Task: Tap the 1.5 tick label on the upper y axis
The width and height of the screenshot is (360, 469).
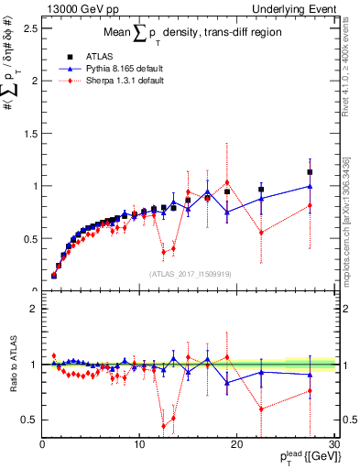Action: pos(31,133)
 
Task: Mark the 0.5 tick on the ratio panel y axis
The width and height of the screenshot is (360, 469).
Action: pos(31,420)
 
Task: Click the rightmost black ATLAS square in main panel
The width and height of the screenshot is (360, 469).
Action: pos(310,172)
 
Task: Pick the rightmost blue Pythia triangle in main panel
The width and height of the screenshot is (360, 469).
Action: pos(310,186)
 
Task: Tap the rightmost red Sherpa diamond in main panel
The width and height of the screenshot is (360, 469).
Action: pos(310,205)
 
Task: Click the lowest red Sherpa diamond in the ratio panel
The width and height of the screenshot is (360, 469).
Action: pos(164,426)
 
